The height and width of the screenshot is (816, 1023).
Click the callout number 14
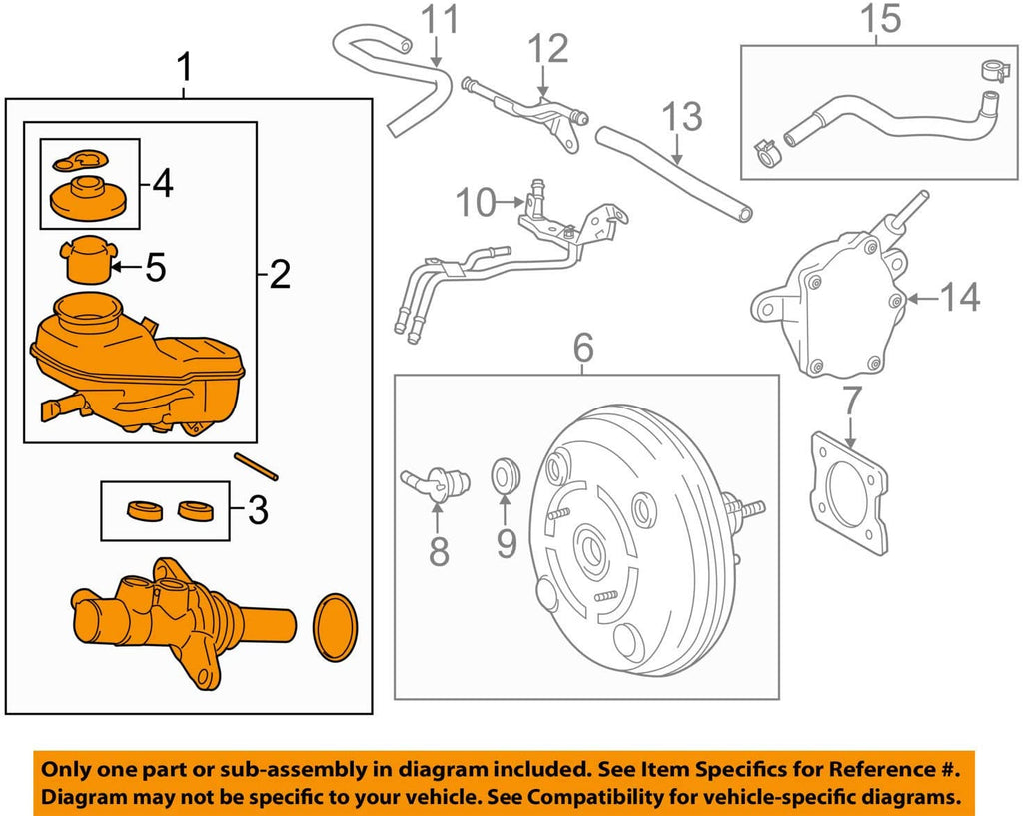pos(959,297)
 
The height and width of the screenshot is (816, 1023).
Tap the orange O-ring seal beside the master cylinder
pos(335,628)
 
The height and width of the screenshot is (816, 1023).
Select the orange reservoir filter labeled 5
pos(87,262)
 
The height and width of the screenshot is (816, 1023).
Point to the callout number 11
pos(437,20)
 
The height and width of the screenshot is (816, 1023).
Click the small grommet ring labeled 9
pos(508,474)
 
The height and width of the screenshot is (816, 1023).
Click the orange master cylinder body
pos(180,625)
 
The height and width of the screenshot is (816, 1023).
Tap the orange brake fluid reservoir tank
pos(135,370)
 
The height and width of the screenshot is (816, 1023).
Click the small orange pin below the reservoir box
pos(257,466)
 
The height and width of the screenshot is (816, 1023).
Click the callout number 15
pos(879,18)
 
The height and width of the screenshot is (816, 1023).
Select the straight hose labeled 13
pos(674,171)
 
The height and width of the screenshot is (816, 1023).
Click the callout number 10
pos(475,203)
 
